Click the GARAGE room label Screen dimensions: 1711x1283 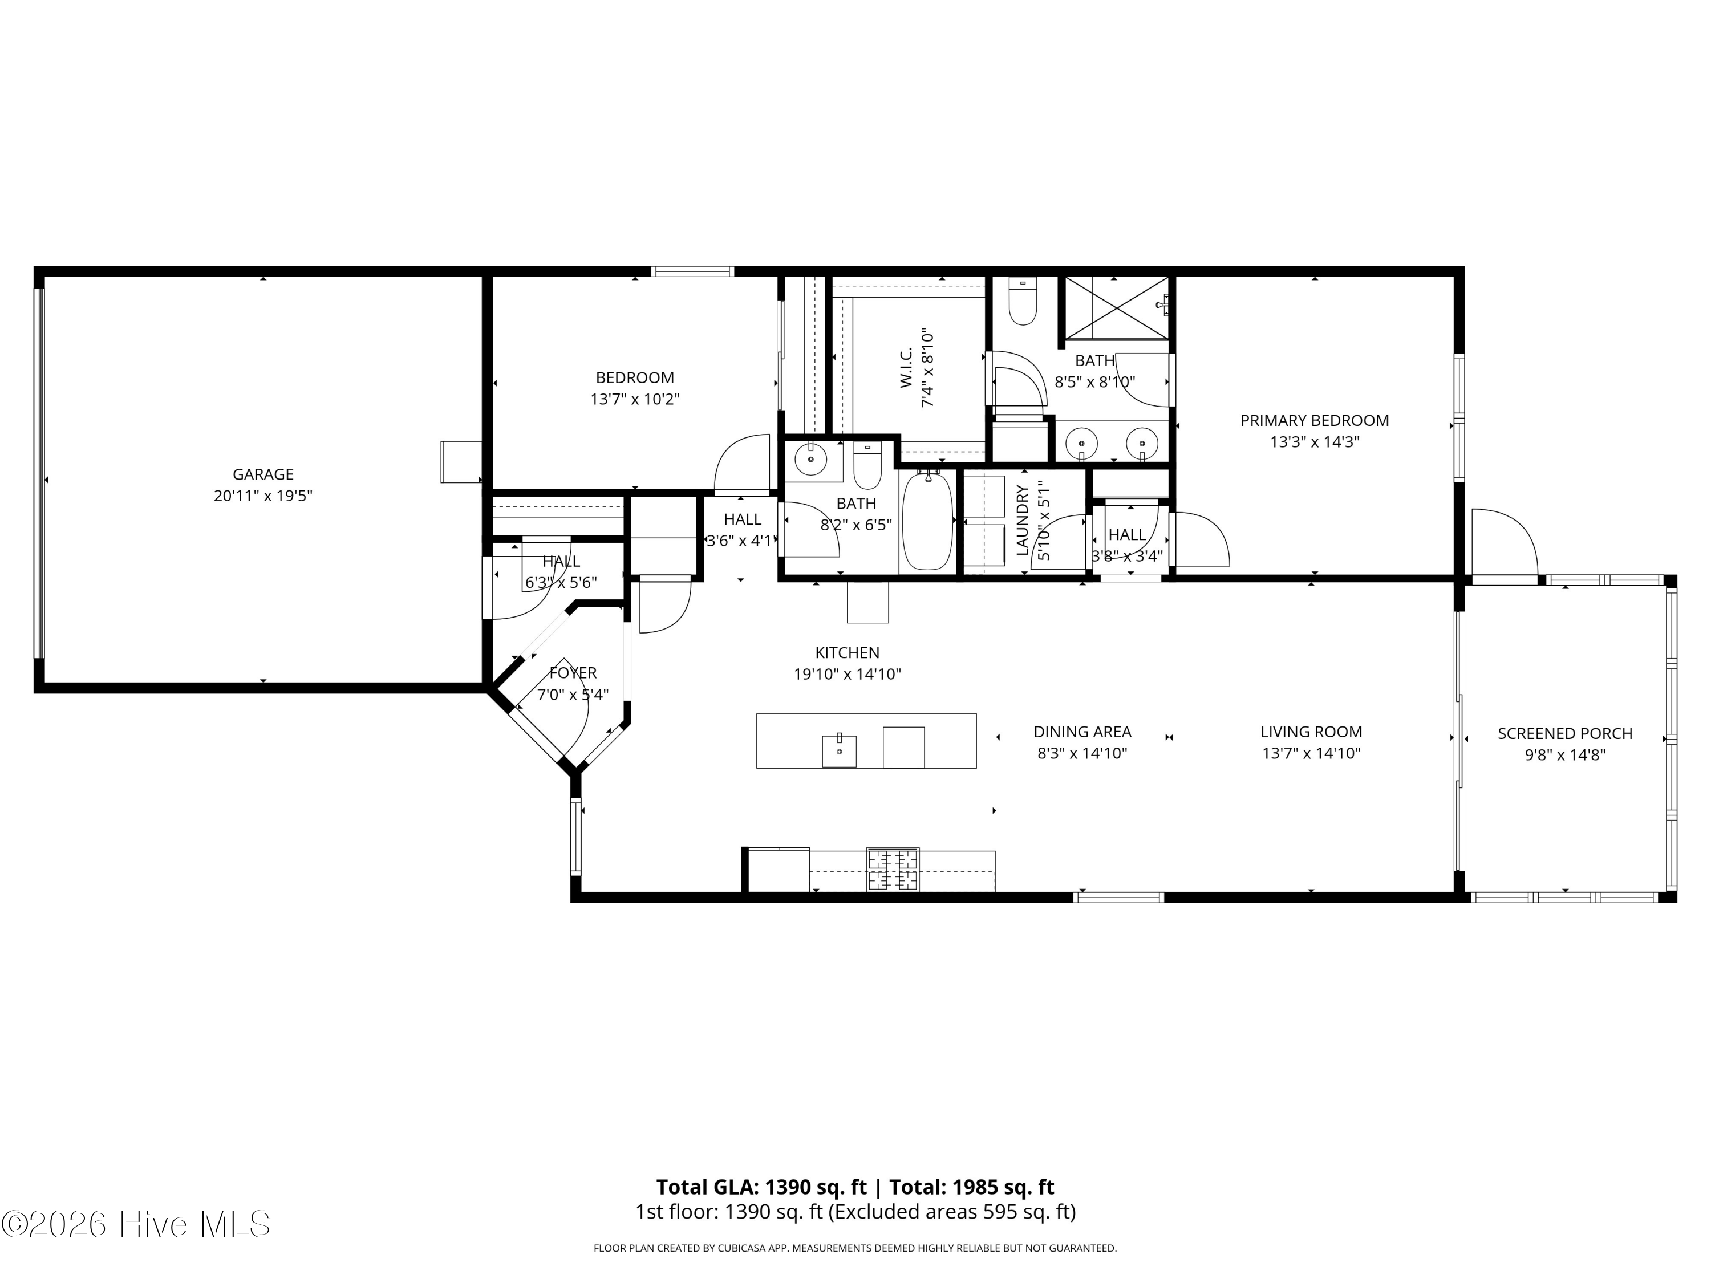263,474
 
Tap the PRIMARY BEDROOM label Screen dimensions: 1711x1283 1314,421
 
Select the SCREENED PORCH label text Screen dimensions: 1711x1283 1565,733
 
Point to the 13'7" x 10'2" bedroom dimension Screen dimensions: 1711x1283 635,400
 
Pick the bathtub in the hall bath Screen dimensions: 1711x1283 927,521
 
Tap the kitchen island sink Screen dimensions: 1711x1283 840,750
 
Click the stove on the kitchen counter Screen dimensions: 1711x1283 893,869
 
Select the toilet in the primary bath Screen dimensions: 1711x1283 1023,303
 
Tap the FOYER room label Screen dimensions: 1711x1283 573,673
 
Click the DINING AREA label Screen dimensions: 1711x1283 1082,732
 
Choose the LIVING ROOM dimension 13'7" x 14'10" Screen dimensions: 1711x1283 1311,753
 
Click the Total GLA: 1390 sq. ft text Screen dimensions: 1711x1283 762,1187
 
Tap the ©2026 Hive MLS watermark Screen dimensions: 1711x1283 136,1224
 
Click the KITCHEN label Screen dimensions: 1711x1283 847,653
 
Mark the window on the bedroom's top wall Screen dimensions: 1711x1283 691,271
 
